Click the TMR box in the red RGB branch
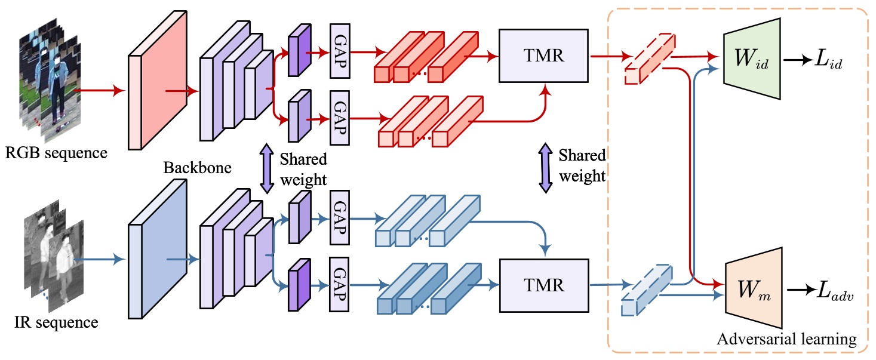(543, 56)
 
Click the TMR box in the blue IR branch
(543, 285)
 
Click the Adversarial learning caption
(786, 339)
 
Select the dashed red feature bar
(649, 59)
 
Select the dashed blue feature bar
(647, 289)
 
